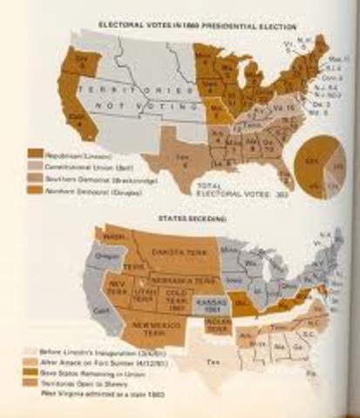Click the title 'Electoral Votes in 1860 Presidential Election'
point(173,25)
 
